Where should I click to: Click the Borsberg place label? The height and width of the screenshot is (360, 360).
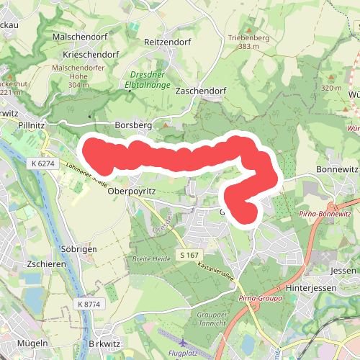click(x=133, y=125)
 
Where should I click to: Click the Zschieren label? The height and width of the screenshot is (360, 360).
click(x=46, y=264)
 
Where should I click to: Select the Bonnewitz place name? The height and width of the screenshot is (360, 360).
click(x=336, y=169)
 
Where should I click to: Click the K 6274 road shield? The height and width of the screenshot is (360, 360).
click(x=43, y=163)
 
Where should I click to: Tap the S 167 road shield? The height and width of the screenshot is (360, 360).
click(x=190, y=256)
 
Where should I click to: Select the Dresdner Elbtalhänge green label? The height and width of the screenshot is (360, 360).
click(x=152, y=78)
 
